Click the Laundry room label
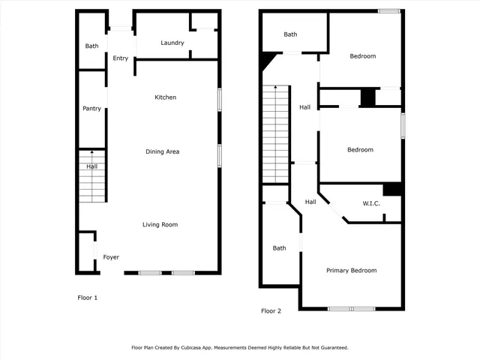(172, 43)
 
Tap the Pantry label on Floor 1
(91, 109)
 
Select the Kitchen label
(165, 97)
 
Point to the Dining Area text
(162, 151)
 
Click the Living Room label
(160, 224)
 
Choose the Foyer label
(111, 257)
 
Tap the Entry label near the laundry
(120, 58)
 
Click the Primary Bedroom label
(351, 271)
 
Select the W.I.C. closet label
(372, 203)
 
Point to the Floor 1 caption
(88, 298)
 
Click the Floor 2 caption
(271, 310)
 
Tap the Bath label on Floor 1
(91, 46)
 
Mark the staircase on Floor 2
(275, 135)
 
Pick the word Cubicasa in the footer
(209, 348)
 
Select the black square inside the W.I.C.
(392, 189)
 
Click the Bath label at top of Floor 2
(290, 34)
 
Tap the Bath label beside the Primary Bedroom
(279, 248)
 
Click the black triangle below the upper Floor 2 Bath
(266, 60)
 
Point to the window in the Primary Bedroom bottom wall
(352, 308)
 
